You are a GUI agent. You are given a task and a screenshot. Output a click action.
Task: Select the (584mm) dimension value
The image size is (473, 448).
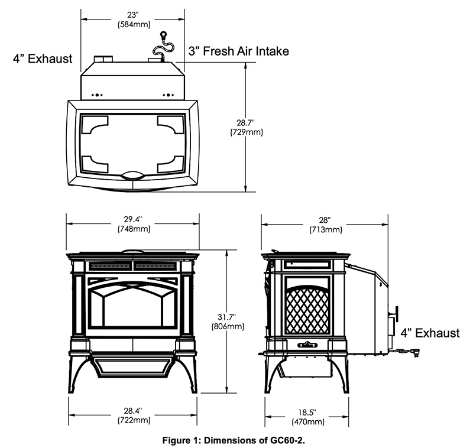pyautogui.click(x=134, y=24)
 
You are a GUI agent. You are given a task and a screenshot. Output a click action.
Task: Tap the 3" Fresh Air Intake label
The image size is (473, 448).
pyautogui.click(x=238, y=51)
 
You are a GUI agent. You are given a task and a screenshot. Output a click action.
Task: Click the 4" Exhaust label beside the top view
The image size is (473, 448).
pyautogui.click(x=43, y=59)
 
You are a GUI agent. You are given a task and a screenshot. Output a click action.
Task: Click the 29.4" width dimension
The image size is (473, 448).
pyautogui.click(x=132, y=220)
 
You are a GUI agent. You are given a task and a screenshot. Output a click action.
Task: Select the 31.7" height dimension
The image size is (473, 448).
pyautogui.click(x=227, y=316)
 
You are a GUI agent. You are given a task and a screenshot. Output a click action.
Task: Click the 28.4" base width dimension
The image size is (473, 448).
pyautogui.click(x=132, y=411)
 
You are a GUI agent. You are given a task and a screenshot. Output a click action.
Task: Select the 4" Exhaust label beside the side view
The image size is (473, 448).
pyautogui.click(x=430, y=333)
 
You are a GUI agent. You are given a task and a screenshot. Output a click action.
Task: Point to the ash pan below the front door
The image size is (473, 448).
pyautogui.click(x=132, y=368)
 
